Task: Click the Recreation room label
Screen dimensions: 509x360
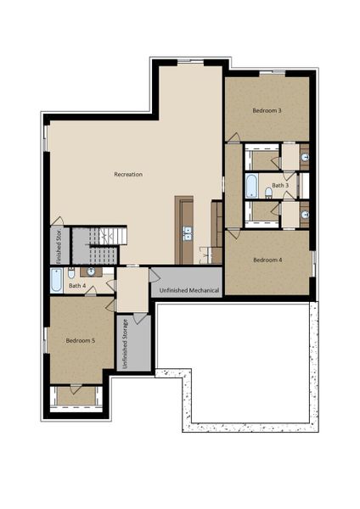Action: point(128,174)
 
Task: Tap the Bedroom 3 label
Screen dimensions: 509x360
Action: point(267,110)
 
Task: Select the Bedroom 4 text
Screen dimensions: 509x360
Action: point(267,260)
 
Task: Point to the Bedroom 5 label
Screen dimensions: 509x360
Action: point(81,340)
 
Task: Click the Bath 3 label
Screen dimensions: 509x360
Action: point(280,184)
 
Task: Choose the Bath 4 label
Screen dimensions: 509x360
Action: point(76,286)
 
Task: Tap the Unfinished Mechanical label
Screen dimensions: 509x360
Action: point(187,290)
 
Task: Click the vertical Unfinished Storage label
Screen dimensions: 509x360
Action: point(126,343)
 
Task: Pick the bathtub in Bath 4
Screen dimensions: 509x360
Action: point(56,280)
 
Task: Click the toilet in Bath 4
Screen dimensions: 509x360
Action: point(72,272)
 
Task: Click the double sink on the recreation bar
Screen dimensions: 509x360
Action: point(186,232)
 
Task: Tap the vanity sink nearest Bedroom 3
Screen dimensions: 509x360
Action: point(305,158)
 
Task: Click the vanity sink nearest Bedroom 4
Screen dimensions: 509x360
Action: point(305,215)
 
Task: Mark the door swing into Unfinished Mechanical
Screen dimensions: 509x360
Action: point(155,276)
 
